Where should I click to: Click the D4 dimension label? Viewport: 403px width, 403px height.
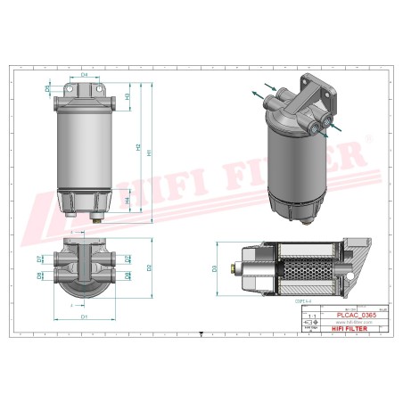coord(85,75)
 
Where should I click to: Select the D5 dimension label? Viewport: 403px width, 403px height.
coord(46,89)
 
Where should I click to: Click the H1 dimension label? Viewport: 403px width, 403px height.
coord(149,153)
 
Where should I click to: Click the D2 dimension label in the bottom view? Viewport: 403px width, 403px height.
coord(149,267)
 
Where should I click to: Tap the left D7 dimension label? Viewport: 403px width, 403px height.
coord(39,259)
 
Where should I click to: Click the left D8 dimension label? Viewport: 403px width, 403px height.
coord(39,276)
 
